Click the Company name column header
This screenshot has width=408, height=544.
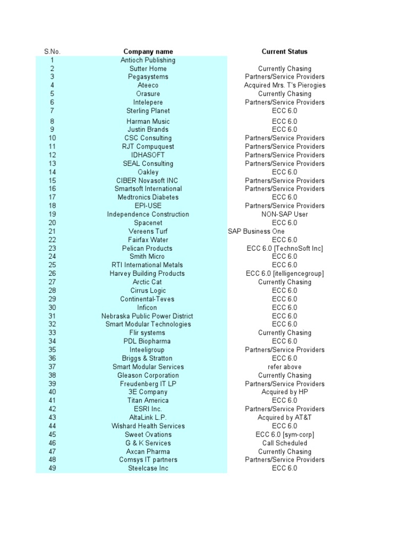pyautogui.click(x=148, y=52)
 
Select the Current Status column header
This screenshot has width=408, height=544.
pyautogui.click(x=284, y=52)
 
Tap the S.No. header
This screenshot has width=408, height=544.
pyautogui.click(x=52, y=52)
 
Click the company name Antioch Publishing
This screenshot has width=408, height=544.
pyautogui.click(x=148, y=60)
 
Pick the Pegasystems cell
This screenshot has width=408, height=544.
pyautogui.click(x=148, y=77)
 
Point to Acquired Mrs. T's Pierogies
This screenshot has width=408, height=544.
pyautogui.click(x=285, y=86)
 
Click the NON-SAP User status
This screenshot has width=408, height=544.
pyautogui.click(x=285, y=215)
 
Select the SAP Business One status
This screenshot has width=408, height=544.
pyautogui.click(x=256, y=232)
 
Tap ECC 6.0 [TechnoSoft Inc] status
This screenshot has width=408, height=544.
pyautogui.click(x=285, y=248)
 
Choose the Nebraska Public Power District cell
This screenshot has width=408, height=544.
pyautogui.click(x=148, y=316)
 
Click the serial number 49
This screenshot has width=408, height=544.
pyautogui.click(x=52, y=469)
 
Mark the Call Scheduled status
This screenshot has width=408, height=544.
pyautogui.click(x=285, y=443)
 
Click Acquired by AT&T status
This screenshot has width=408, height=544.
pyautogui.click(x=285, y=418)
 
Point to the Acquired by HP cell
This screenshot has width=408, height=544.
pyautogui.click(x=285, y=392)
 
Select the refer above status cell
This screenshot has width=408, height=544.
pyautogui.click(x=285, y=367)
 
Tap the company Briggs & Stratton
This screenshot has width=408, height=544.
pyautogui.click(x=148, y=359)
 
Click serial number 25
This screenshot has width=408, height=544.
pyautogui.click(x=52, y=265)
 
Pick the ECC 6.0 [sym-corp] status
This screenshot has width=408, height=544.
pyautogui.click(x=285, y=435)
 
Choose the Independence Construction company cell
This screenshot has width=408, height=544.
pyautogui.click(x=148, y=215)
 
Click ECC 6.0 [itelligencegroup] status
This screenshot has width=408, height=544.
pyautogui.click(x=285, y=274)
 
